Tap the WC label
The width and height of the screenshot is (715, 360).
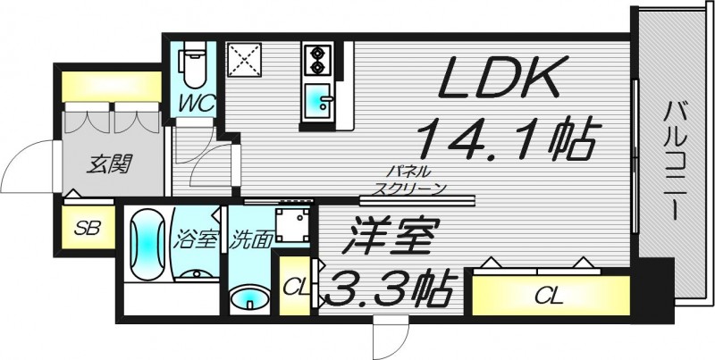click(x=195, y=104)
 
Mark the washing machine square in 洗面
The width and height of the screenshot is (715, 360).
click(x=292, y=227)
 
